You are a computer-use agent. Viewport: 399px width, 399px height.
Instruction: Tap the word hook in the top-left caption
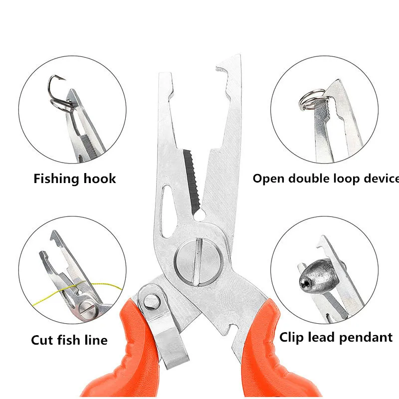[101, 179]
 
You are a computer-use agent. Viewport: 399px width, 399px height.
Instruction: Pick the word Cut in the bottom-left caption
[41, 340]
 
